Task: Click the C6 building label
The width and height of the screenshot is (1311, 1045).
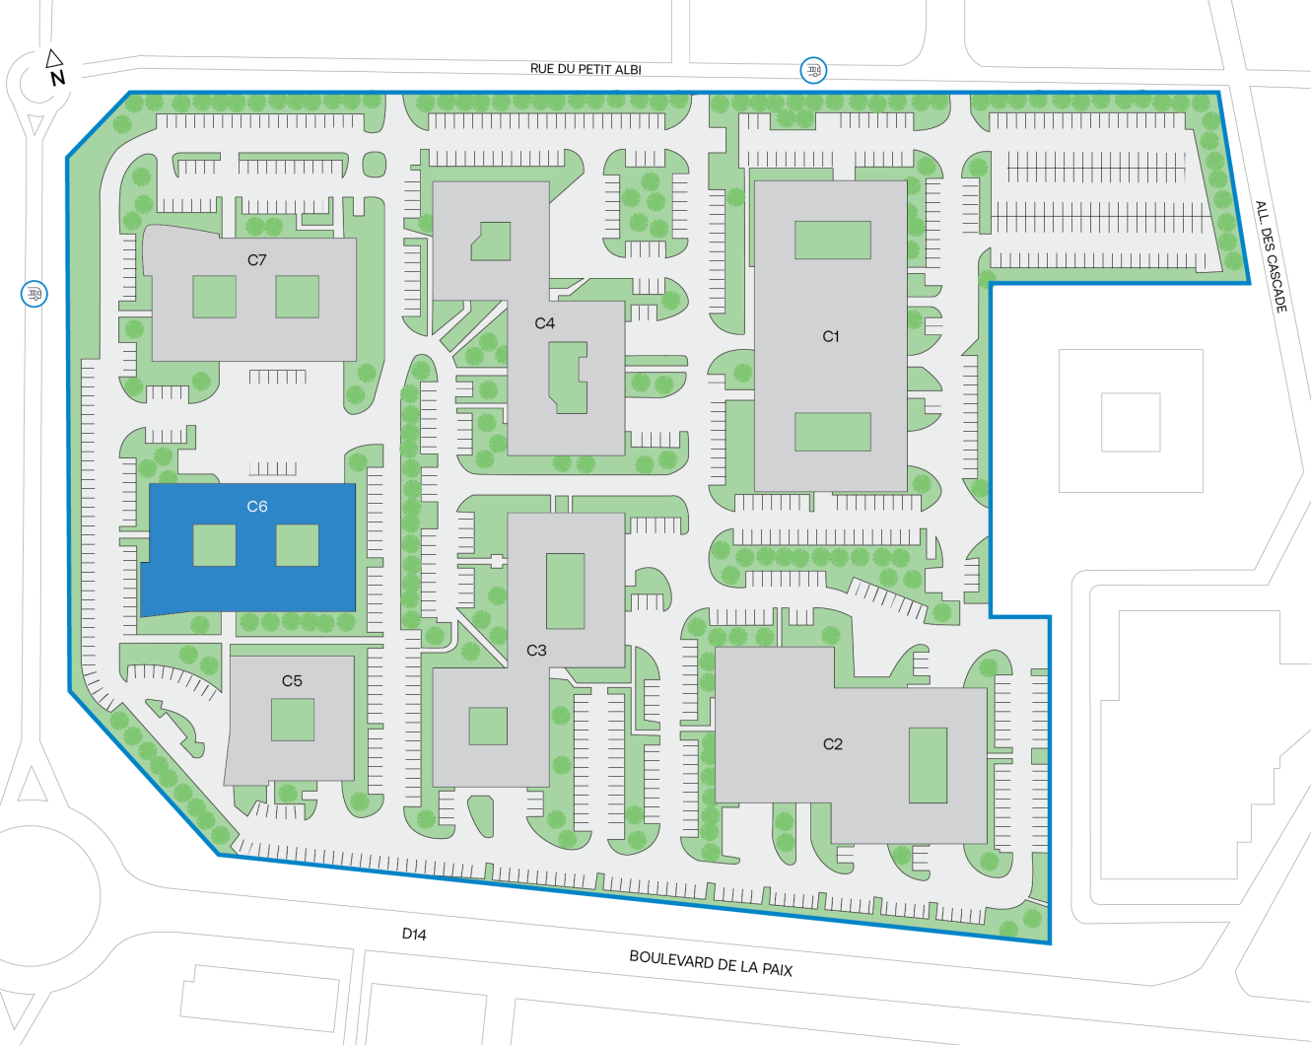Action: (x=256, y=507)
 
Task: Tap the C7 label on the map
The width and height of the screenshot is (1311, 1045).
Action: (x=256, y=260)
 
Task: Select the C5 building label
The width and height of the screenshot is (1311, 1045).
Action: (x=292, y=681)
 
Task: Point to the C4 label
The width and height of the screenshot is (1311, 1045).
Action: (x=544, y=323)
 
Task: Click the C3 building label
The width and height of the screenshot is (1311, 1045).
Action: (x=536, y=651)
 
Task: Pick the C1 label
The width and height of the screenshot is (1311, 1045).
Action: (x=831, y=337)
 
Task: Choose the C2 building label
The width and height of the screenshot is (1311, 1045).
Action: (x=833, y=744)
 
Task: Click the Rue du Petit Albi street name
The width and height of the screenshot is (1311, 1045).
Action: (x=586, y=69)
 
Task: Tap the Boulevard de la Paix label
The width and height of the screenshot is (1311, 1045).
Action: (x=711, y=963)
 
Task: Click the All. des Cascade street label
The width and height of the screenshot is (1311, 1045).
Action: (x=1271, y=257)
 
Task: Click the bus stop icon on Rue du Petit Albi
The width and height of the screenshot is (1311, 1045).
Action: (x=813, y=70)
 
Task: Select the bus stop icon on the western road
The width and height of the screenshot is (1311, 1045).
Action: (x=34, y=294)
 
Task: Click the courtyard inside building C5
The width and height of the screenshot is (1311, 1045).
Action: (x=293, y=721)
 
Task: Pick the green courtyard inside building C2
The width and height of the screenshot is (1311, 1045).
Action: (x=928, y=765)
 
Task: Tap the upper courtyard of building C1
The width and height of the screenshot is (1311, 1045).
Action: (x=833, y=241)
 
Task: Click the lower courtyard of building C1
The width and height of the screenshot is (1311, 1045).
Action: (x=833, y=432)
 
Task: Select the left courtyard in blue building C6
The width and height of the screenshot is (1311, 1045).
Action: (x=214, y=545)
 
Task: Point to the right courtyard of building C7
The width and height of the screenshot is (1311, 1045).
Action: (x=297, y=297)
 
